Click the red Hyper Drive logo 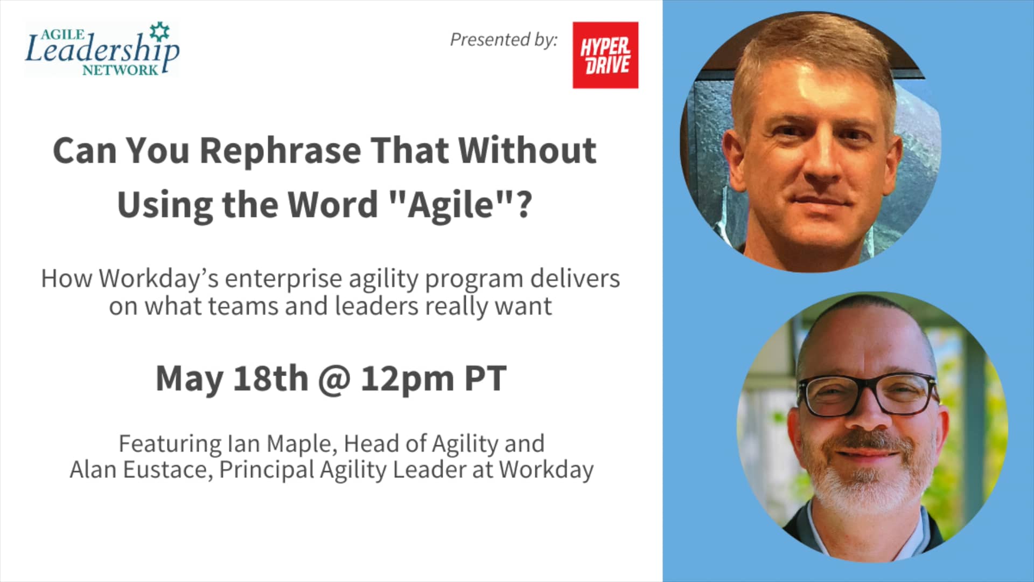click(605, 55)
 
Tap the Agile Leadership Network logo click(102, 49)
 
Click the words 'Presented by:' click(504, 40)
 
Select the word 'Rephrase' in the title click(280, 151)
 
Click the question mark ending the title click(523, 205)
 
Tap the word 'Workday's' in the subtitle click(159, 279)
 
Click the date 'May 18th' click(232, 379)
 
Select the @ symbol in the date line click(334, 380)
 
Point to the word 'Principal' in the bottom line click(267, 470)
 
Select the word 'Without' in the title click(528, 150)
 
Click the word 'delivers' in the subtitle click(575, 279)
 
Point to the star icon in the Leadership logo click(159, 31)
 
